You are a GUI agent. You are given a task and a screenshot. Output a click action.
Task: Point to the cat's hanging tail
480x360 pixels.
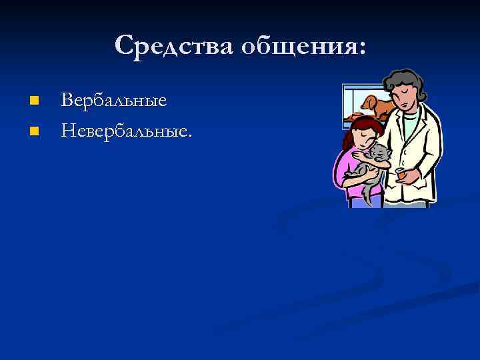click(367, 193)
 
